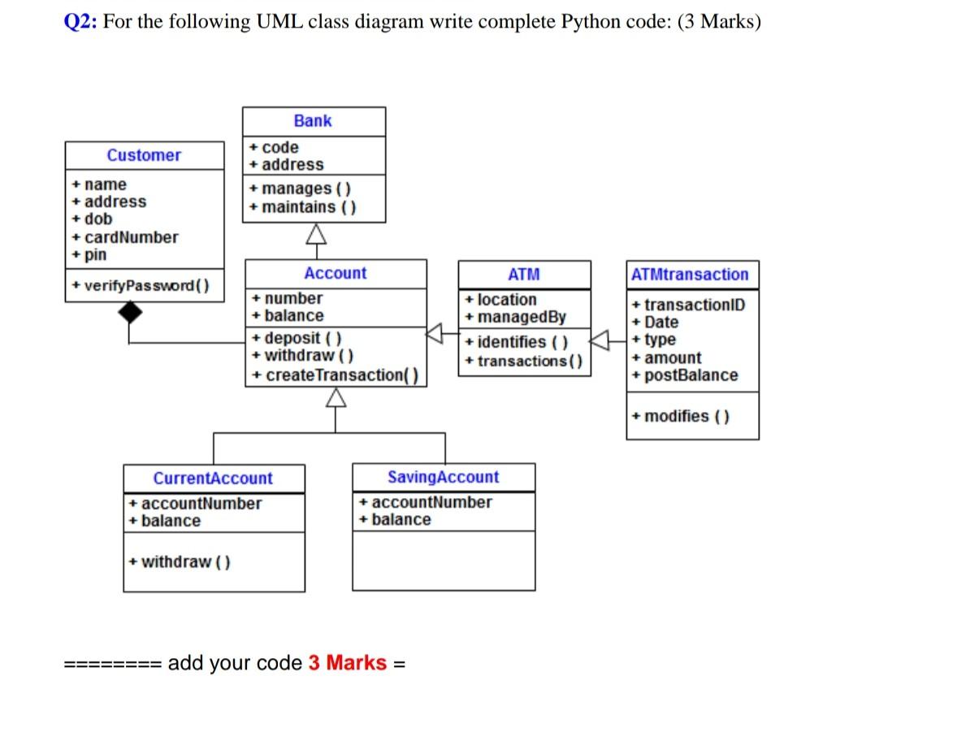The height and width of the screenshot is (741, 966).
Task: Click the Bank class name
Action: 313,121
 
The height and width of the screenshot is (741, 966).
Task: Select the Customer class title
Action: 144,155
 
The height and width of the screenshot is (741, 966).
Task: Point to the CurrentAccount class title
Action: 213,479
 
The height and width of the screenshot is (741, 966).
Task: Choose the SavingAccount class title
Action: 443,477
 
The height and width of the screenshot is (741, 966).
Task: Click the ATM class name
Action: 523,275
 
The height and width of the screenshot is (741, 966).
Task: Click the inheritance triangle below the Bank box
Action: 314,236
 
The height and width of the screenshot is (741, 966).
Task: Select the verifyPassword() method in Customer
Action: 140,285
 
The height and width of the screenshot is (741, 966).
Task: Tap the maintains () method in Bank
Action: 303,207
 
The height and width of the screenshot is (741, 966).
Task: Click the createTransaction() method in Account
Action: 336,375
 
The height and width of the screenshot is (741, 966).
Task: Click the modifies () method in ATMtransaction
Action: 681,417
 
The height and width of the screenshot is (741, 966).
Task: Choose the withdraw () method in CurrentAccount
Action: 180,561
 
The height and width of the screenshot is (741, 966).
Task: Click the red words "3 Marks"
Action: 347,663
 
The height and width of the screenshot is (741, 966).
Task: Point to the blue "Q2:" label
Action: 80,22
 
